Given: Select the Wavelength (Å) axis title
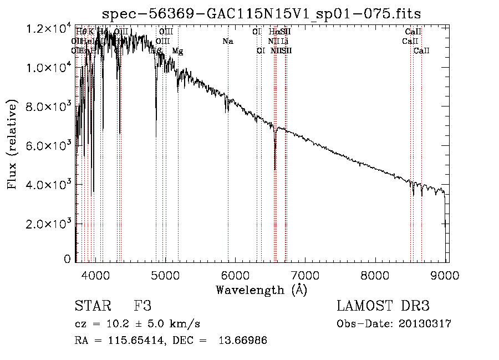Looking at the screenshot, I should tap(261, 290).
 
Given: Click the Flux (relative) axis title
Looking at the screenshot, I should tap(13, 144).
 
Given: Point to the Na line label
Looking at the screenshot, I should tap(227, 42).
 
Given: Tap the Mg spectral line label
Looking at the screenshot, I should tap(177, 51).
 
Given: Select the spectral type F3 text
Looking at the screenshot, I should tap(142, 306).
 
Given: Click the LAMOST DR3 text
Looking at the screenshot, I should tap(383, 306).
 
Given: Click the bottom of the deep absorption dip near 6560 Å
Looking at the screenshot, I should tap(275, 169).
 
